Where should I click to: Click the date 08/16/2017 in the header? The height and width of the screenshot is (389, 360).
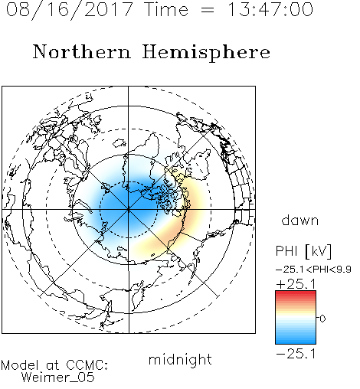point(70,10)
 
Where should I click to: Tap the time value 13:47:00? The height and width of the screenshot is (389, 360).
point(270,9)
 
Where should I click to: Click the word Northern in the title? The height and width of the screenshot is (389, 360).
point(82,51)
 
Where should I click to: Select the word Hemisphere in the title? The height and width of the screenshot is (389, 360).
point(206,53)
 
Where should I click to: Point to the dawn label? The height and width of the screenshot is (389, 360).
point(300,220)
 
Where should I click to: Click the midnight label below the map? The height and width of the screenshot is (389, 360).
point(180,359)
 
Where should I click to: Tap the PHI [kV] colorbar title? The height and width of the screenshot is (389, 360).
point(303,251)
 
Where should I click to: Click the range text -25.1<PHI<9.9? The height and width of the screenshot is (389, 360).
point(313,270)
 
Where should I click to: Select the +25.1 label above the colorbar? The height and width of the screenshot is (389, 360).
point(296,284)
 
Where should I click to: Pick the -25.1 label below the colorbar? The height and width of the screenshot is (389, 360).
point(296,354)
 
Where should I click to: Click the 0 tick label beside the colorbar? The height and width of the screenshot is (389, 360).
point(322,319)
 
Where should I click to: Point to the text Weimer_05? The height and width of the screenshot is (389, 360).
point(58,378)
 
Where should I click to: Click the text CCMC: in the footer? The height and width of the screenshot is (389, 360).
point(87,365)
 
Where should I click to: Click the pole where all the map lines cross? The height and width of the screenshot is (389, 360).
point(129,210)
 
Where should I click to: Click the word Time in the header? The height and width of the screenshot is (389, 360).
point(166,9)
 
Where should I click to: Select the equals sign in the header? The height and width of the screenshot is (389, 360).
point(207,10)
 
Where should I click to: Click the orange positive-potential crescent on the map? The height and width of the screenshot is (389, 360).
point(178,224)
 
